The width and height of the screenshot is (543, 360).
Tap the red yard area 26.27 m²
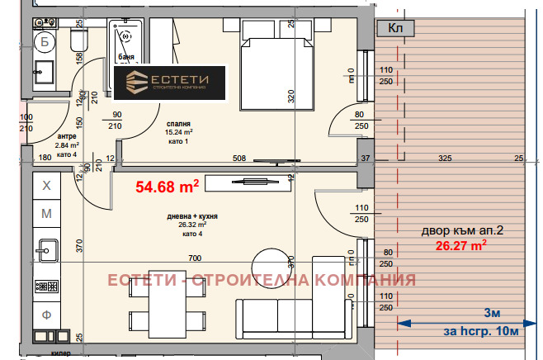pyautogui.click(x=460, y=244)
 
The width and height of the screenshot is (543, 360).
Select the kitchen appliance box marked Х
pyautogui.click(x=47, y=187)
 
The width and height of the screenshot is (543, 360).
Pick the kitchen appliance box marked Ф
pyautogui.click(x=47, y=315)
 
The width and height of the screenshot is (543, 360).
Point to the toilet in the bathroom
pyautogui.click(x=78, y=40)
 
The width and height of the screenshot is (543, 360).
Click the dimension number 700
pyautogui.click(x=195, y=258)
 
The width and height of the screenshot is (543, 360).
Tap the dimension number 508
pyautogui.click(x=239, y=157)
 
